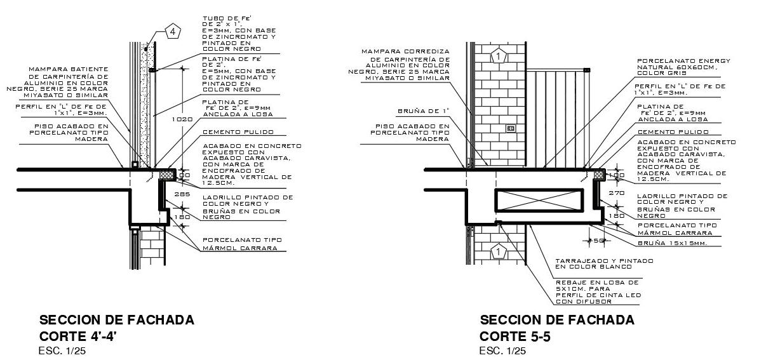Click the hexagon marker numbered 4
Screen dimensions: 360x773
173,30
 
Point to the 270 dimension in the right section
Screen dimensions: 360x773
616,192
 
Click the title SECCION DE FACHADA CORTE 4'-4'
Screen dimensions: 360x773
117,327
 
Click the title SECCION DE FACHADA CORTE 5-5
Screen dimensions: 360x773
556,327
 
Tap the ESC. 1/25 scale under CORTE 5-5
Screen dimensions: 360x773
502,350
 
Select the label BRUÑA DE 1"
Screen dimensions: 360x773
423,110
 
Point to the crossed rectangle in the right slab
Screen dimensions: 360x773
538,201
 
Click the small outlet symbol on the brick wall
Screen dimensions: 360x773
511,128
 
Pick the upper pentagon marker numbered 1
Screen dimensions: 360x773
499,57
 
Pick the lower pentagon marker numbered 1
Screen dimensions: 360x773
499,253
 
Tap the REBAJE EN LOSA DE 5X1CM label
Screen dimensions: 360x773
598,288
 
